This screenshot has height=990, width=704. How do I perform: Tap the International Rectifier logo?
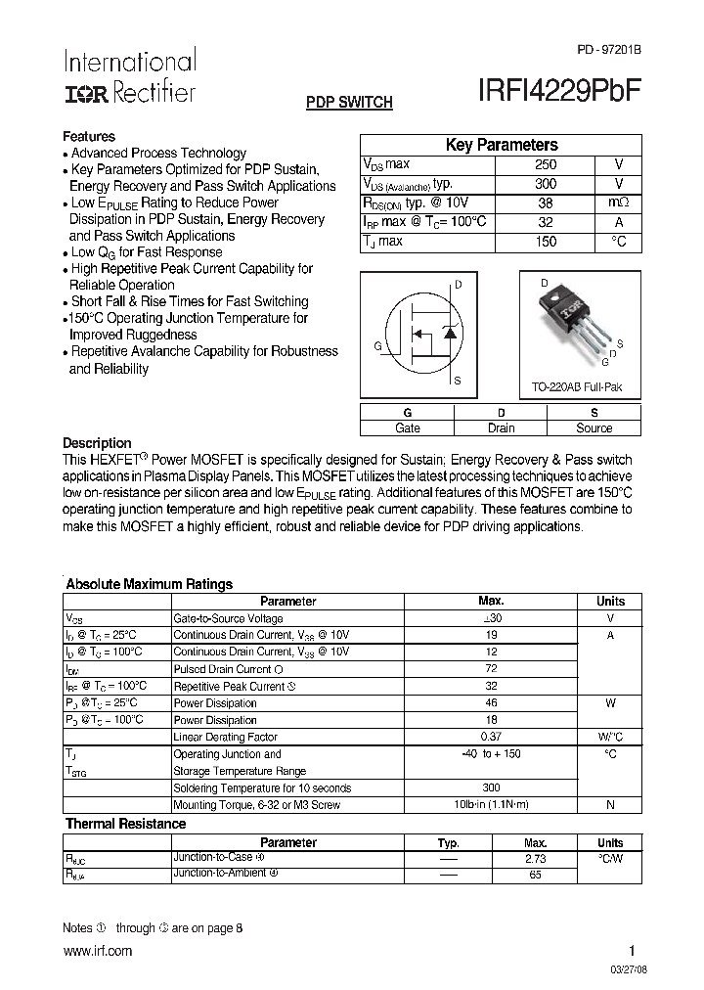click(129, 76)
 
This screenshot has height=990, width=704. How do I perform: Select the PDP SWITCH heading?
click(349, 102)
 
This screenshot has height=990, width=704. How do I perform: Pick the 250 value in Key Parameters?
click(546, 165)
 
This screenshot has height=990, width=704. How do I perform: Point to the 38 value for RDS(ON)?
click(546, 203)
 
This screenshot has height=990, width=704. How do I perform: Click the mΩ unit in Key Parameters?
click(618, 203)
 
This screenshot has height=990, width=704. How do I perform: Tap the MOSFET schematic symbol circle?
click(422, 336)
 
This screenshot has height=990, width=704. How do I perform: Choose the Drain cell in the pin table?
click(501, 427)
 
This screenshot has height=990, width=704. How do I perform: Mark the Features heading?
click(89, 137)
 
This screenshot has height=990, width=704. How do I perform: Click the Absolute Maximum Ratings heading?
click(149, 584)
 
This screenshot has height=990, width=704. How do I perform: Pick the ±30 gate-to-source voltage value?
click(491, 618)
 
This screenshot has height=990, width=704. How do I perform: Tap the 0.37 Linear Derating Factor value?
click(491, 737)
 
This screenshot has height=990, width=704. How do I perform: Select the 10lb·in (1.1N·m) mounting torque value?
click(491, 804)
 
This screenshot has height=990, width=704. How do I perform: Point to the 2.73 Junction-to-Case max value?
click(535, 858)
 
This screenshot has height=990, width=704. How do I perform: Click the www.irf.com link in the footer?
click(97, 951)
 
